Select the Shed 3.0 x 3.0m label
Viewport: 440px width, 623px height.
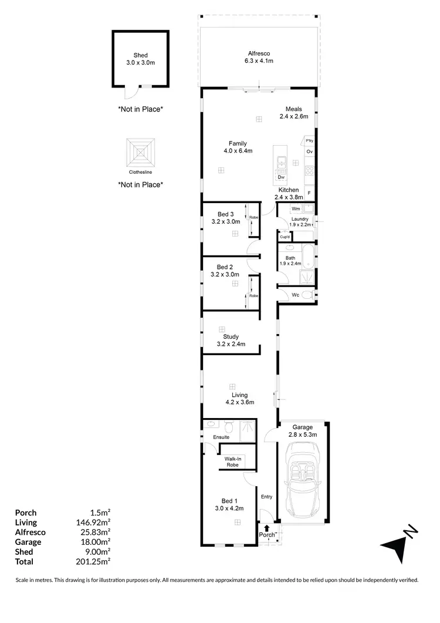point(140,58)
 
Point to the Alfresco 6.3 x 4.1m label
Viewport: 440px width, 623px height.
point(259,57)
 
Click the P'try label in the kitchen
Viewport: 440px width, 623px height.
point(309,140)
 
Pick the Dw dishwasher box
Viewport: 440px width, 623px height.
point(281,177)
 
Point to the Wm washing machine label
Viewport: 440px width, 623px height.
point(296,208)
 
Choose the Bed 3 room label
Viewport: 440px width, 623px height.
point(226,217)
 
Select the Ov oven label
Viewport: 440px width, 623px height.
point(309,151)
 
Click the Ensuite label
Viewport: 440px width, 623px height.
point(221,437)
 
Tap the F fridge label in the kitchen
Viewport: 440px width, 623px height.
point(309,193)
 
